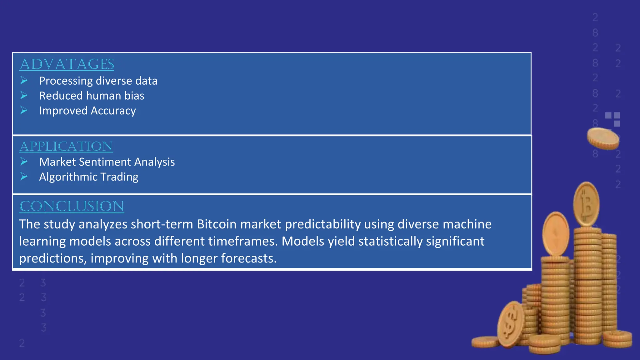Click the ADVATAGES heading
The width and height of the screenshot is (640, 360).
pos(67,64)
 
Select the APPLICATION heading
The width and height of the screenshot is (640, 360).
pos(66,146)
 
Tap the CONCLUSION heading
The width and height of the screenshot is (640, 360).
pos(72,206)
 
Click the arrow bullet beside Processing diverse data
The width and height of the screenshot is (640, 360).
pos(24,81)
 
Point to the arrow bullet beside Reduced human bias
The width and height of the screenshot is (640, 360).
pos(24,95)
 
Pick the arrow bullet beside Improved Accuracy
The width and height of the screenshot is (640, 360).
pos(24,110)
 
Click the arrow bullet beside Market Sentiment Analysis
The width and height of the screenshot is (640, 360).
pos(24,162)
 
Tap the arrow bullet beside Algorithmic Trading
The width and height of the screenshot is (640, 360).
pos(24,177)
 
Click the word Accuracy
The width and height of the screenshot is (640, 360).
pos(113,111)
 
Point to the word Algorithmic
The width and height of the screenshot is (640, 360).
pos(68,177)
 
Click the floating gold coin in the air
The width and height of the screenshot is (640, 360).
pos(603,138)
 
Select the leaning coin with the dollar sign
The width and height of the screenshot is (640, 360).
pos(510,324)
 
